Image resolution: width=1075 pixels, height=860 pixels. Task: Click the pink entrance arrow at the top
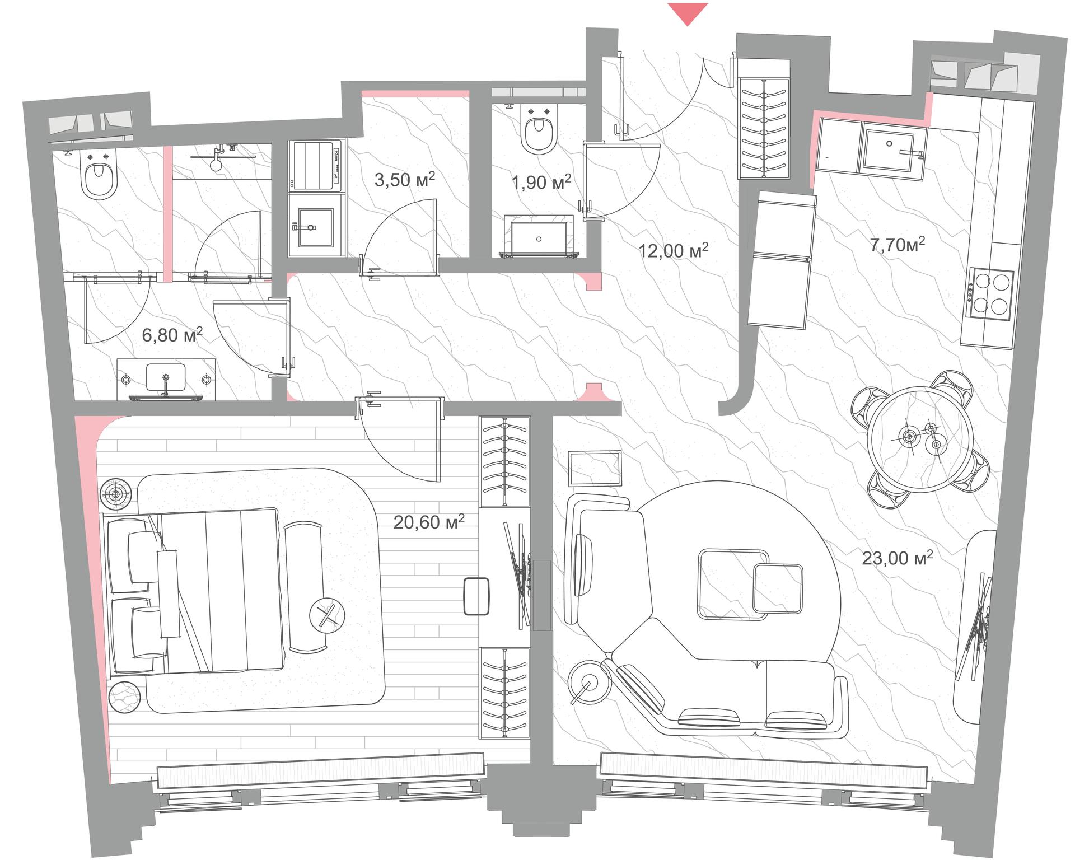pos(688,12)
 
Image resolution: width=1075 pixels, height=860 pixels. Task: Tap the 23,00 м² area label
pos(898,557)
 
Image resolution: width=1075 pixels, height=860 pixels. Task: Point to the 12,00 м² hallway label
pos(674,250)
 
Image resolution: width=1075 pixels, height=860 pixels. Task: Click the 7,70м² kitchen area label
pos(897,244)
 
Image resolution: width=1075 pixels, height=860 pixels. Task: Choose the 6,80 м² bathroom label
pos(172,335)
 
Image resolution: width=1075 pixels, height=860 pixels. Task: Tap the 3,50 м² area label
pos(404,180)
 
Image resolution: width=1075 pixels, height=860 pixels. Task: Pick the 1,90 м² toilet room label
pos(541,181)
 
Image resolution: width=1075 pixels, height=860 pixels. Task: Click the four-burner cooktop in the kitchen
pos(992,294)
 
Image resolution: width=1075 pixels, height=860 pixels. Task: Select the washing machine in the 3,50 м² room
pos(316,167)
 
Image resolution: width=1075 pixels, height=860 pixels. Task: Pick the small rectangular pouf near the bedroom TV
pos(478,597)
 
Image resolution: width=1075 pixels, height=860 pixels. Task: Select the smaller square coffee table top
pos(778,588)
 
